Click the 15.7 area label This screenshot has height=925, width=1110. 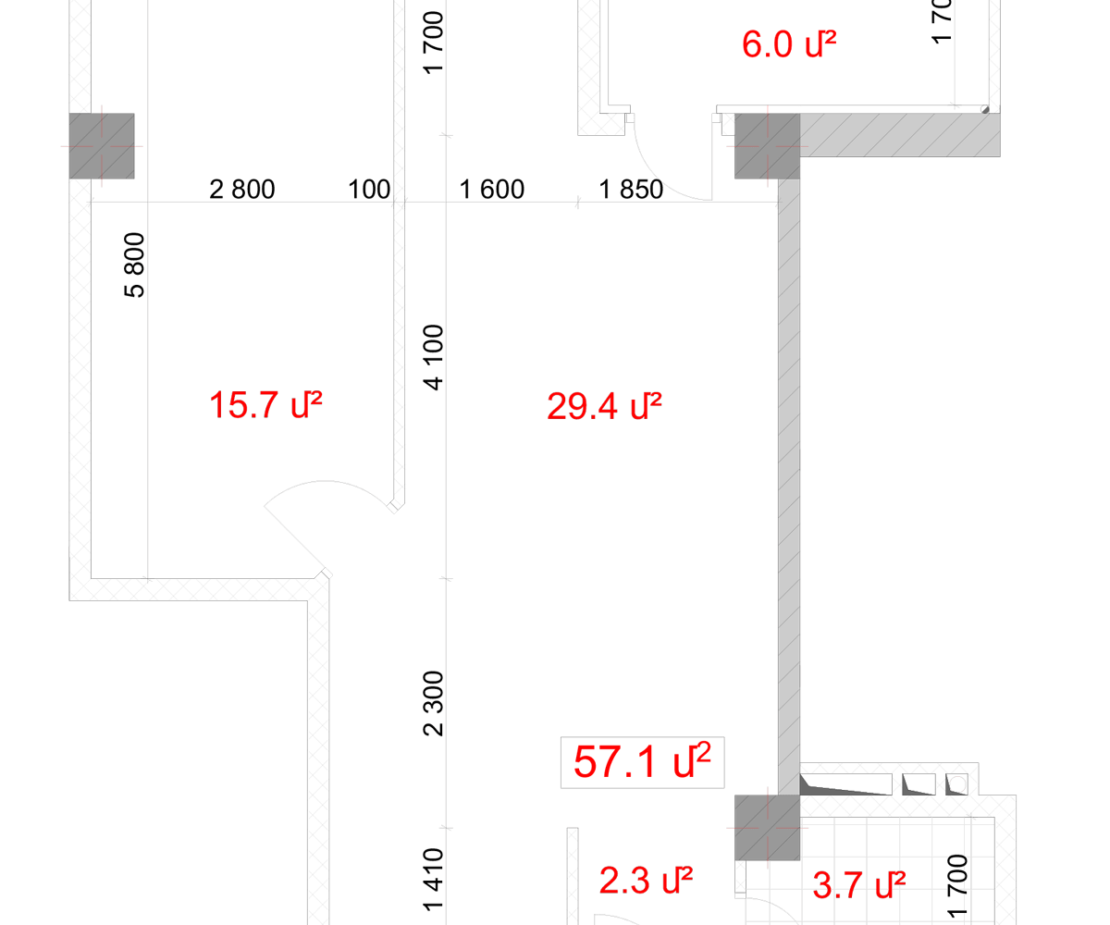pos(265,405)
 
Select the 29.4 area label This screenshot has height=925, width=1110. pos(604,407)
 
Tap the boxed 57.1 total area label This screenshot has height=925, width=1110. pos(642,762)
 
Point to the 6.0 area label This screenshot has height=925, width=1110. pos(789,43)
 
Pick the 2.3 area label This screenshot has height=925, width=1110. pos(646,881)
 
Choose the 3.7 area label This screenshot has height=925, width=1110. pos(859,885)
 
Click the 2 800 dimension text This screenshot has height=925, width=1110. pos(241,190)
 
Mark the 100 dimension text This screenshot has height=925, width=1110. pos(369,190)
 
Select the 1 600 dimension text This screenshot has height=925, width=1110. pos(492,190)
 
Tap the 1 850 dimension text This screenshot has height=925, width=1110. pos(631,190)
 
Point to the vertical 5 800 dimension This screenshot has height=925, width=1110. pos(134,265)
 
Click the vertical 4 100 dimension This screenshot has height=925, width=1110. pos(433,357)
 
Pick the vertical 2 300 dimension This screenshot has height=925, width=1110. pos(433,703)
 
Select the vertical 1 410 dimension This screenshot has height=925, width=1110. pos(433,880)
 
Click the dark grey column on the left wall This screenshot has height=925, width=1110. pos(102,145)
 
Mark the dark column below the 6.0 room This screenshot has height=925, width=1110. pos(767,145)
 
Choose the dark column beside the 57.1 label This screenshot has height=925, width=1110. pos(767,828)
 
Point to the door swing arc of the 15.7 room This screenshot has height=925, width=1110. pos(325,482)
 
